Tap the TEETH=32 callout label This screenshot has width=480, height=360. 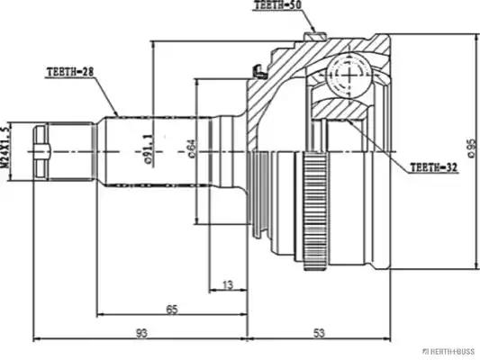pyautogui.click(x=434, y=166)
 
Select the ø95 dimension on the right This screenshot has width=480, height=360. pyautogui.click(x=470, y=149)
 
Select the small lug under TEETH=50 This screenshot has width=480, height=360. pyautogui.click(x=313, y=36)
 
